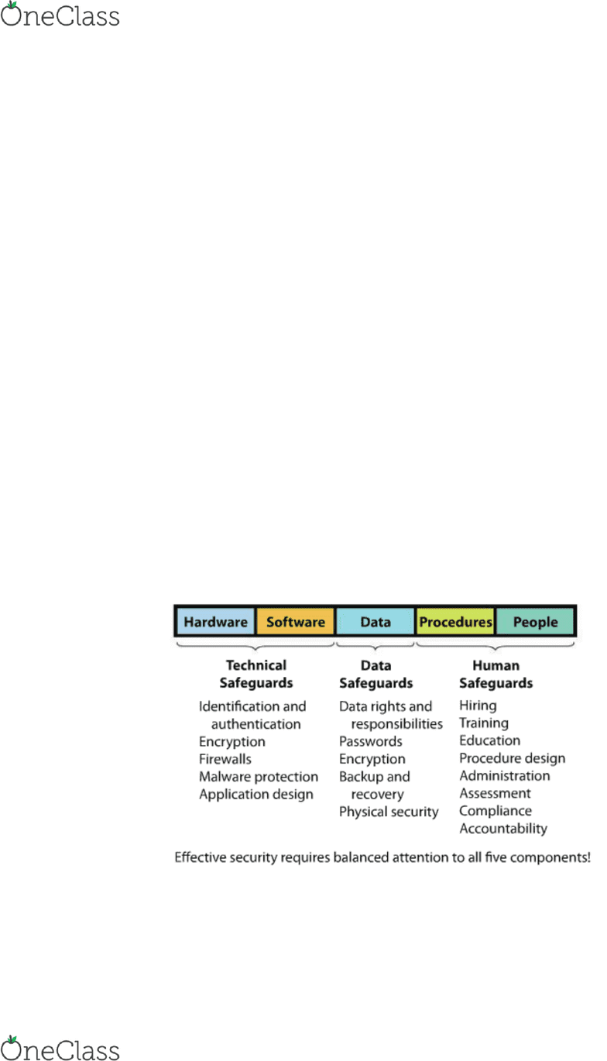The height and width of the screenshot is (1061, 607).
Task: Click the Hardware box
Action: [x=215, y=621]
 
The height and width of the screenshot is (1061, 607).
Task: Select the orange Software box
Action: [x=296, y=621]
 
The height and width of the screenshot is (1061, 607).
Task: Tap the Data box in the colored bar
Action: [x=376, y=621]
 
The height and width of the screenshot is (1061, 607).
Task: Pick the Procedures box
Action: [x=455, y=621]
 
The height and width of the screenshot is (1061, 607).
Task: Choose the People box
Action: [x=535, y=621]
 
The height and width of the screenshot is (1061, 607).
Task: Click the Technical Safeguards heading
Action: [x=256, y=674]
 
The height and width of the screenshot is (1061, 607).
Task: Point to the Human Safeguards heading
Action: [x=496, y=674]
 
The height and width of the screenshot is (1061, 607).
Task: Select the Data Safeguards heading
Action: [x=376, y=674]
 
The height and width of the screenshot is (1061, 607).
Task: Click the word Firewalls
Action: [x=225, y=759]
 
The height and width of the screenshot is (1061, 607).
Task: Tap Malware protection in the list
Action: [x=259, y=777]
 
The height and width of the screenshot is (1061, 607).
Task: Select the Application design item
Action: [x=256, y=795]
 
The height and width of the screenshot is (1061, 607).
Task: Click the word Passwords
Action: [x=371, y=741]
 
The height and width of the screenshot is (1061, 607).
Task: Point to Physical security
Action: [x=389, y=812]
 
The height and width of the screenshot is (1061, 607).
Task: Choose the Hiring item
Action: [x=478, y=706]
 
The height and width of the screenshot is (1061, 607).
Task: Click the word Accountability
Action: [x=503, y=829]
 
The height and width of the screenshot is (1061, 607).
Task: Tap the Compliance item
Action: [x=496, y=811]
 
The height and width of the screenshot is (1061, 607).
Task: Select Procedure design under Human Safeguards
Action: [x=513, y=758]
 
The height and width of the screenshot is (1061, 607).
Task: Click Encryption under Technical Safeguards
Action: [x=232, y=742]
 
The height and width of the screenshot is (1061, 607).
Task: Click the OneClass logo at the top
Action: [x=60, y=15]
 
